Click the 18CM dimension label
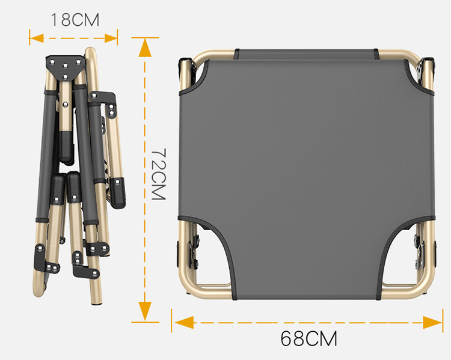coord(75,20)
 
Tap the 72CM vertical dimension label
coord(159,174)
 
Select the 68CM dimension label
coord(308,338)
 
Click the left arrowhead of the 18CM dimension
coord(37,38)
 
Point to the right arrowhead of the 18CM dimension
coord(111,38)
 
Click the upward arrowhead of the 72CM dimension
coord(145,47)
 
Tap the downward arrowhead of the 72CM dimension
coord(145,311)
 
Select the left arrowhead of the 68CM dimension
coord(184,322)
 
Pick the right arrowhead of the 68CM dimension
coord(432,322)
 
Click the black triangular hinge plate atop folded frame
coord(66,67)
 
